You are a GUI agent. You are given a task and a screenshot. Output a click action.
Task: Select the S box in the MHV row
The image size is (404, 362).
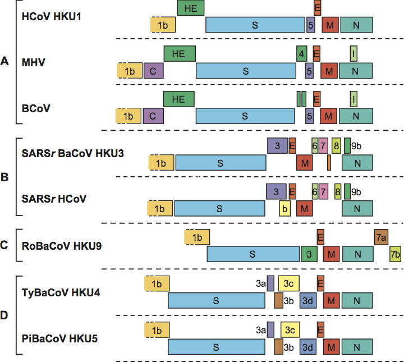tap(246, 71)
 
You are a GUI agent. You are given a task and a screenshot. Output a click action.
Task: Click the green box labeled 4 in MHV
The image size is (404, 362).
tap(302, 53)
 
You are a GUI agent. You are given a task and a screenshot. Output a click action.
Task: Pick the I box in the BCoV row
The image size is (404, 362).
tap(353, 99)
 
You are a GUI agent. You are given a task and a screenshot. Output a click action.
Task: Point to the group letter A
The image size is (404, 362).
tap(5, 62)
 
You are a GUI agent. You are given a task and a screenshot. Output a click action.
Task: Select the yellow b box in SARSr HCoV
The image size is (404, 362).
tap(285, 208)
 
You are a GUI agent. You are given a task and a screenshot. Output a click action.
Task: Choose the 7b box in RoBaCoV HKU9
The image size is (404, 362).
tap(395, 254)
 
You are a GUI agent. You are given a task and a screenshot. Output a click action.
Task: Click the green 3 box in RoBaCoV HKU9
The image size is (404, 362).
tap(309, 254)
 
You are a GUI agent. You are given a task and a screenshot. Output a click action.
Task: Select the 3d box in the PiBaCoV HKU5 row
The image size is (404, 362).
tap(308, 346)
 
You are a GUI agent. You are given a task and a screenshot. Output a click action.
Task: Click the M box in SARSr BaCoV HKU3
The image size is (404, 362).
tap(305, 162)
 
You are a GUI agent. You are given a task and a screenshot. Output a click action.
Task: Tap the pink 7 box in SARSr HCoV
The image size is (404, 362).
tap(323, 191)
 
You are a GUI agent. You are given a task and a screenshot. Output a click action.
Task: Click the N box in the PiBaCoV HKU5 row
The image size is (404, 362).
tap(357, 346)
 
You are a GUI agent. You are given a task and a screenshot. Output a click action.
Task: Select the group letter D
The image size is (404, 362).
tap(5, 315)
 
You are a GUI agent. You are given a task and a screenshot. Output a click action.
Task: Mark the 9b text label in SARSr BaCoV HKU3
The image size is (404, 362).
tap(357, 145)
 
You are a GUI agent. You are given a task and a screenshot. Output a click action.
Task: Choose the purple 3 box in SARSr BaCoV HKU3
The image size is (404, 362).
tap(277, 145)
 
